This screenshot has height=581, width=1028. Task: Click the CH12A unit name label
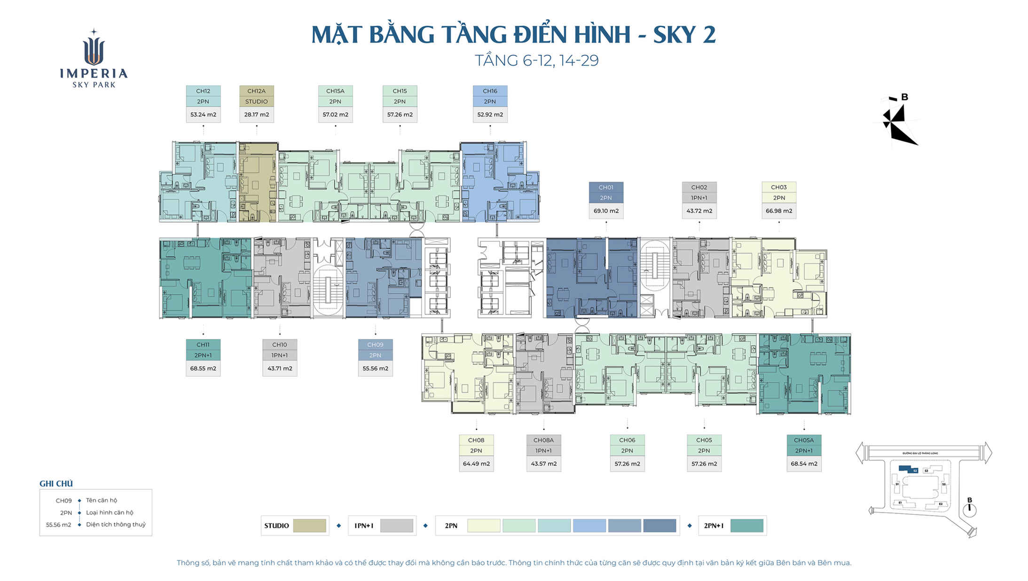click(256, 91)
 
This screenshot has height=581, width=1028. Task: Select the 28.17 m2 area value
click(256, 115)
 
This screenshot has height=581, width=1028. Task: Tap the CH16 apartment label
click(490, 91)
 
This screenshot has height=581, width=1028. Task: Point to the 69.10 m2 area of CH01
click(606, 211)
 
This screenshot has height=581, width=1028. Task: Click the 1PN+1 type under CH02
click(699, 198)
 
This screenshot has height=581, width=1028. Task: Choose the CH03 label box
click(778, 187)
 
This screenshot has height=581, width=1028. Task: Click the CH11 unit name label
click(203, 345)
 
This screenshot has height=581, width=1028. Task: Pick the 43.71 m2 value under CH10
click(280, 369)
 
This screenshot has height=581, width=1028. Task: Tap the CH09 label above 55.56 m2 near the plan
click(375, 345)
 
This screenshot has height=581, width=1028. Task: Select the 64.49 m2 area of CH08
click(476, 464)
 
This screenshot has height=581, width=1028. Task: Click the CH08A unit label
click(543, 441)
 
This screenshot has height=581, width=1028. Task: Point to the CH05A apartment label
click(804, 441)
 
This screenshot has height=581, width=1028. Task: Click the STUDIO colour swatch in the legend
click(309, 526)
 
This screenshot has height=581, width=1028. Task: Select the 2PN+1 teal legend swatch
click(746, 526)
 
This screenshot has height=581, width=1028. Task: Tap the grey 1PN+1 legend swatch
click(396, 526)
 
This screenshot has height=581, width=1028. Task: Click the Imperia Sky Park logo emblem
click(94, 49)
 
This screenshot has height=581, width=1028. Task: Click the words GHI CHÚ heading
click(56, 484)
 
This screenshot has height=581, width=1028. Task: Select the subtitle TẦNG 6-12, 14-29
click(536, 61)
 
